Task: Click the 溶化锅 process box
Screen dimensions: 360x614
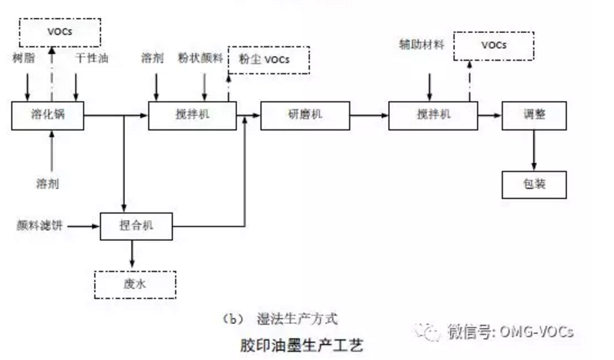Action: point(47,115)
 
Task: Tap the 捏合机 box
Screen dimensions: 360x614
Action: point(136,225)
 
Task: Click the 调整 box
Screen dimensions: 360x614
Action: point(533,115)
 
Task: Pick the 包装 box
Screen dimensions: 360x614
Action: point(533,183)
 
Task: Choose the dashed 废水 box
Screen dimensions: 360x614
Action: point(135,284)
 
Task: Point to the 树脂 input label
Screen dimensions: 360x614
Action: point(23,58)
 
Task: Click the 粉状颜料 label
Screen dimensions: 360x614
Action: point(200,58)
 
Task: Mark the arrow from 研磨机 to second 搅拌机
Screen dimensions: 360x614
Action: point(369,115)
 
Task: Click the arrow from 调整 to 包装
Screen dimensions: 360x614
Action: point(533,150)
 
